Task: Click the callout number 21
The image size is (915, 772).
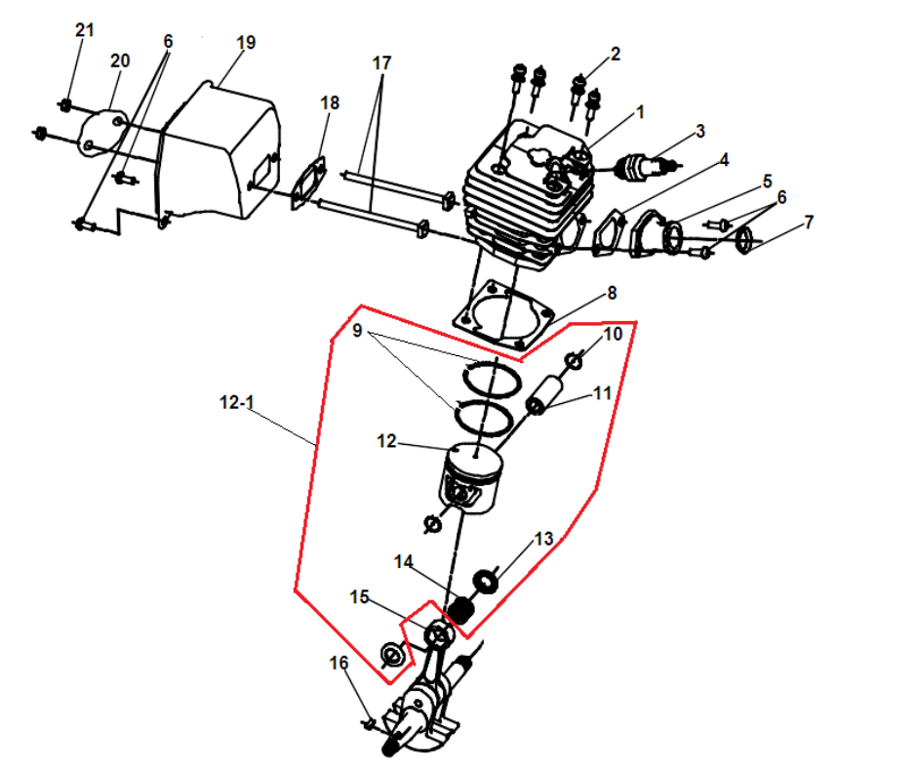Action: tap(85, 30)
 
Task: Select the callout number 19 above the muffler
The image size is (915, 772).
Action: tap(246, 42)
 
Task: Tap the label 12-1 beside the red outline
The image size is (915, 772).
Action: tap(236, 402)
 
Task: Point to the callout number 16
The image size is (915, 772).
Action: tap(338, 663)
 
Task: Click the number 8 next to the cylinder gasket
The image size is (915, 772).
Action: tap(612, 293)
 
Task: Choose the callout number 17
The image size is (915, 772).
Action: tap(381, 62)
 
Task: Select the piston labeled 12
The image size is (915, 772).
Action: tap(471, 477)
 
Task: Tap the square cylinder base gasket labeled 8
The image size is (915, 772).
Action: tap(502, 315)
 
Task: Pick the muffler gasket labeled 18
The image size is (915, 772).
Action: tap(308, 183)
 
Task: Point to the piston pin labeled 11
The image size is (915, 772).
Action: tap(544, 394)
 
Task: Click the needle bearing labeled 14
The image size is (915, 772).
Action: tap(460, 609)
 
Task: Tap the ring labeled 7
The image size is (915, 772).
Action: tap(745, 239)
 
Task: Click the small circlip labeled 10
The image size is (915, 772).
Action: tap(575, 361)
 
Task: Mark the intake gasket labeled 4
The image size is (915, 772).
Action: tap(609, 232)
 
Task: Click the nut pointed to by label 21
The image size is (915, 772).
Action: tap(65, 105)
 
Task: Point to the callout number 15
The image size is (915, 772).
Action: tap(359, 596)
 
